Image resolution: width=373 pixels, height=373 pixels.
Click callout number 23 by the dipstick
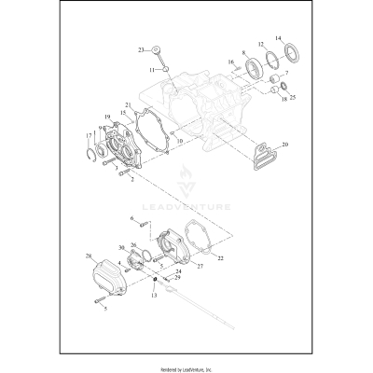pos(141,49)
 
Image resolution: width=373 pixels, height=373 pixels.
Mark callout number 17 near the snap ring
pos(89,137)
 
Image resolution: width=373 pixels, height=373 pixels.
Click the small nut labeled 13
pos(154,282)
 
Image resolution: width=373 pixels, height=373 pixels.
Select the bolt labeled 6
pos(145,222)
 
